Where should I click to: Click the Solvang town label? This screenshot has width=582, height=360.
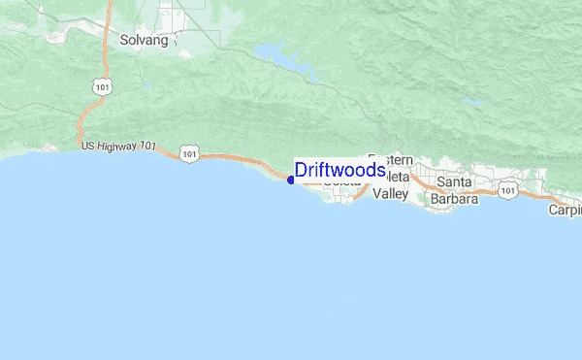144,41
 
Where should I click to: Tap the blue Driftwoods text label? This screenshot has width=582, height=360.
339,171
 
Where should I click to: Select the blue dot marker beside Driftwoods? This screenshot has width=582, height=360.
291,180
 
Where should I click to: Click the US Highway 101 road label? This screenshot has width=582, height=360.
118,147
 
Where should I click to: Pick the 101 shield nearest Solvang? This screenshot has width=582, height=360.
103,87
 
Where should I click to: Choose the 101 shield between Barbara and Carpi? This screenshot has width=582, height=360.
507,192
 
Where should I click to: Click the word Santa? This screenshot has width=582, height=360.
454,181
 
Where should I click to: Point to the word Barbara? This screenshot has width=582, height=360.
455,200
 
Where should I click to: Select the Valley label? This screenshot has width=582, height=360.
391,194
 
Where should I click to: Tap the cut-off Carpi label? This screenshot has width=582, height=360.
565,210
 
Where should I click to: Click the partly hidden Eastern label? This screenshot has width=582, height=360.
392,160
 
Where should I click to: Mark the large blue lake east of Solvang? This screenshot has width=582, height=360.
281,58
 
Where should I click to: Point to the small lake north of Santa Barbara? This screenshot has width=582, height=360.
472,100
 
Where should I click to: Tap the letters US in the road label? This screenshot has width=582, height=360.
87,147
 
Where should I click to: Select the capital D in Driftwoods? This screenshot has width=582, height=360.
301,171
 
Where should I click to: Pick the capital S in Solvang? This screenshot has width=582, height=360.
124,41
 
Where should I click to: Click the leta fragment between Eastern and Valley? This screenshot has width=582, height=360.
399,178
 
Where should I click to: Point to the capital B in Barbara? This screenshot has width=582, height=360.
436,200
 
